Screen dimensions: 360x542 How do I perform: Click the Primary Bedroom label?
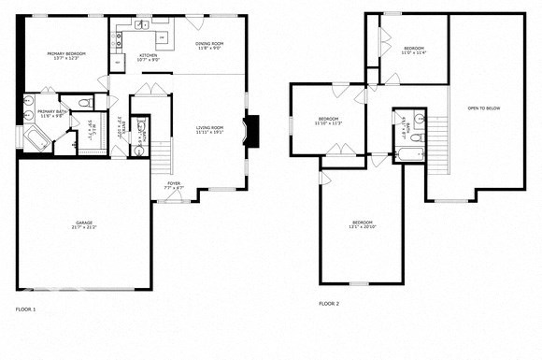pos(66,56)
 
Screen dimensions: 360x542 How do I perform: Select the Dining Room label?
pos(209,46)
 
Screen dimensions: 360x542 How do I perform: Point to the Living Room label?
pos(209,129)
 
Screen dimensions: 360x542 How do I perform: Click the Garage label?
pos(84,224)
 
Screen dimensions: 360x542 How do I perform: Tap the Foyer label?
pos(175,184)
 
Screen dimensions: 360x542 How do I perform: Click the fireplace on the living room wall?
pos(250,129)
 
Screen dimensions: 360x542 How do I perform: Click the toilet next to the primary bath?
pos(83,103)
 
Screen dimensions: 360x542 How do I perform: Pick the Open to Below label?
pos(484,108)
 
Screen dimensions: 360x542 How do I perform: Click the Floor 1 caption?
pos(25,308)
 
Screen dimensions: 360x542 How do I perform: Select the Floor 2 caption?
pos(329,303)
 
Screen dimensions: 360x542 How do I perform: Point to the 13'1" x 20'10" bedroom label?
pos(361,224)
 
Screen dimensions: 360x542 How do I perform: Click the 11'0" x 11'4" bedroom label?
pos(414,50)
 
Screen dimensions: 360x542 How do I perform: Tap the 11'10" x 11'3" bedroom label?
pos(328,121)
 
